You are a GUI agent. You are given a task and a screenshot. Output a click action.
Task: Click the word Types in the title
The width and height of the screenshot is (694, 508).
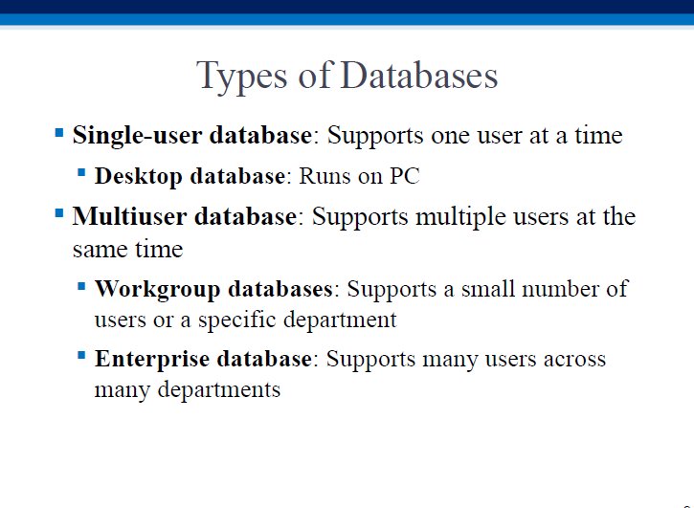(x=241, y=77)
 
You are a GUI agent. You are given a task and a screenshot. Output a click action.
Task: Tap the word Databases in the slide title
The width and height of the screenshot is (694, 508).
(x=419, y=75)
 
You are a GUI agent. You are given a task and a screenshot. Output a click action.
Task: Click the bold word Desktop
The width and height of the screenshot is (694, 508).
(x=139, y=177)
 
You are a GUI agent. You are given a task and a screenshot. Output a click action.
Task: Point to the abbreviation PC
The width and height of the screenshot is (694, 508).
(x=405, y=176)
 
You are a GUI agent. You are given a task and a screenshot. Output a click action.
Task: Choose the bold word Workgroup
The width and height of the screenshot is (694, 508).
(x=158, y=290)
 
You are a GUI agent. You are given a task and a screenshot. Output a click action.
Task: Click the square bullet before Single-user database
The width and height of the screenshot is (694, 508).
(x=59, y=133)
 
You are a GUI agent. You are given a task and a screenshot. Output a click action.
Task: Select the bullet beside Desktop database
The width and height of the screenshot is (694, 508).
(x=81, y=172)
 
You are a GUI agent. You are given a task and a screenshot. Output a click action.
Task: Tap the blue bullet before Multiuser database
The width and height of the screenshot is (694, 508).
(x=59, y=213)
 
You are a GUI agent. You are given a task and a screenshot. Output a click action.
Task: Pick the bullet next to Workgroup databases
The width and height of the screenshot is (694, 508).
(x=81, y=286)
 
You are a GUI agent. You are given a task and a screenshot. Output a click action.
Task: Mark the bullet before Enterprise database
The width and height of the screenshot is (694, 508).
(x=81, y=355)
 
